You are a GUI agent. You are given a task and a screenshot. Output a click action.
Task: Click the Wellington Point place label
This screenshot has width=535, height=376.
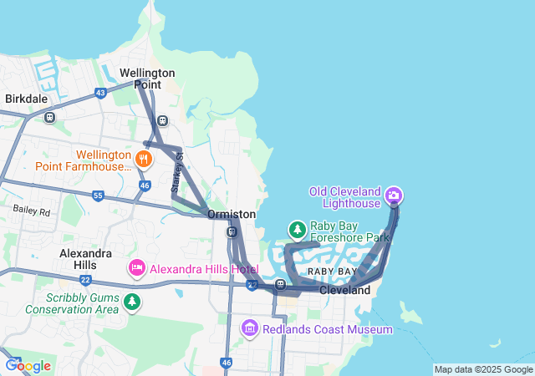[147, 79]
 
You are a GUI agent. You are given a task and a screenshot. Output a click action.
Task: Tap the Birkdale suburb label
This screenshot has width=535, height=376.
[26, 99]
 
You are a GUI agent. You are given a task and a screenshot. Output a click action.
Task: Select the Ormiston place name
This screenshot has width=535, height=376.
[232, 215]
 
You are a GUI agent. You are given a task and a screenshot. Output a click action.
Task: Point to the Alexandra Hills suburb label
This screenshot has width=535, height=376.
[85, 259]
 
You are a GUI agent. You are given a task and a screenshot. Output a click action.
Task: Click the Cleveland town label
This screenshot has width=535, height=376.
[344, 290]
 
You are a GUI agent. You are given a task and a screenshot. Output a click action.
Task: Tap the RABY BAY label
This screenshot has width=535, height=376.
[332, 272]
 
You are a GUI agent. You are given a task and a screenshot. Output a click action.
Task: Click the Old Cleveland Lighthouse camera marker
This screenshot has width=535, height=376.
[394, 196]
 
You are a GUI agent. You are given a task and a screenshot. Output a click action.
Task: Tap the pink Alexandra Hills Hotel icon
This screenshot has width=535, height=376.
[136, 268]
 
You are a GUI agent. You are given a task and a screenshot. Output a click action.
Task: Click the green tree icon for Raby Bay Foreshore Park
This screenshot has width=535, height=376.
[297, 229]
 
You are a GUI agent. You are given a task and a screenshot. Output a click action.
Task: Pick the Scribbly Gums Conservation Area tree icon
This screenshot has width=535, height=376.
[131, 302]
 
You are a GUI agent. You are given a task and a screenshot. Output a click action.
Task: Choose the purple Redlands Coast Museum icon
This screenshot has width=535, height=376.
[249, 329]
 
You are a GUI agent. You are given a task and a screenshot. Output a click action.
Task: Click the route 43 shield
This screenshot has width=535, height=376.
[100, 93]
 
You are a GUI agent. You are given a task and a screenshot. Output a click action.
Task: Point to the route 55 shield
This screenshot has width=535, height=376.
[98, 196]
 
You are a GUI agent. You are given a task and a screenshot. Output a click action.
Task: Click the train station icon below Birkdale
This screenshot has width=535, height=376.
[49, 118]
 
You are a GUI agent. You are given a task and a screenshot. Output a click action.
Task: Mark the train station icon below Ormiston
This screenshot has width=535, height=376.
[232, 231]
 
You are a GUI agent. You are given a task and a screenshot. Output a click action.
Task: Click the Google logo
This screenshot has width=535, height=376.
[28, 365]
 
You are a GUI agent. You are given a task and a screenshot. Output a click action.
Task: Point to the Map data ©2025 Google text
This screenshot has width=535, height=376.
[482, 369]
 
